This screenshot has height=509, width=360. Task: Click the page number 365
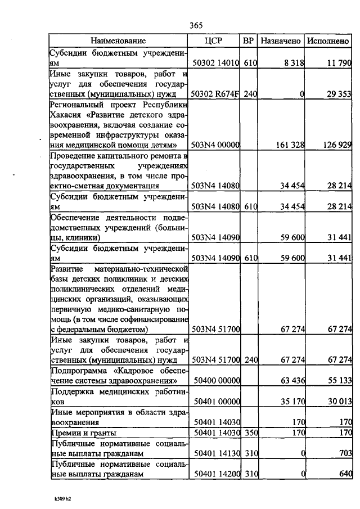[196, 25]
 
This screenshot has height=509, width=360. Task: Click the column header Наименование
[118, 40]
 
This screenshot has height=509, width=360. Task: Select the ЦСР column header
[214, 40]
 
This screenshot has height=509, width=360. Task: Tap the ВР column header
[249, 40]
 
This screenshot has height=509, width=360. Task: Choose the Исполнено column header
[328, 40]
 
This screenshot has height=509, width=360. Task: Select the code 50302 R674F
[216, 94]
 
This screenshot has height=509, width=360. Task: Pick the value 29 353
[337, 94]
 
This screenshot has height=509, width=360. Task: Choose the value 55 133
[337, 381]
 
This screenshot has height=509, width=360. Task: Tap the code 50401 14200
[217, 474]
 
